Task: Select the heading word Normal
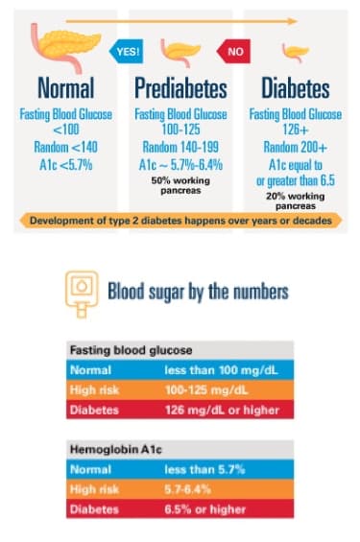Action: (65, 89)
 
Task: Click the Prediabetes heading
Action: (180, 89)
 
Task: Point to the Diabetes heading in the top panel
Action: (295, 89)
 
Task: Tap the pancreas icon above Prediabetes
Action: (181, 50)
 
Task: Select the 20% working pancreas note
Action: (295, 200)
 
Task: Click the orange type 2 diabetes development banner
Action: (180, 221)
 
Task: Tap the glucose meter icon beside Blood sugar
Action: (82, 289)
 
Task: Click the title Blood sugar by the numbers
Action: (197, 290)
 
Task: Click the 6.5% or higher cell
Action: (204, 507)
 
